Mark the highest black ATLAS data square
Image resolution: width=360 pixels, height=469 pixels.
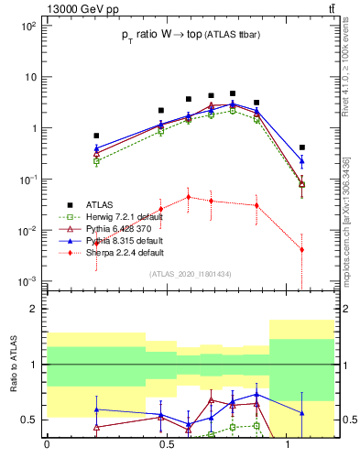pyautogui.click(x=233, y=93)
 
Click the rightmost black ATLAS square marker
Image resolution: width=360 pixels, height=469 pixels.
pyautogui.click(x=301, y=147)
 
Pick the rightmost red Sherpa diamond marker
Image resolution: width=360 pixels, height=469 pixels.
pyautogui.click(x=301, y=250)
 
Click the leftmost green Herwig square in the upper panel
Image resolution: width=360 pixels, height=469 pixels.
pyautogui.click(x=96, y=162)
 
